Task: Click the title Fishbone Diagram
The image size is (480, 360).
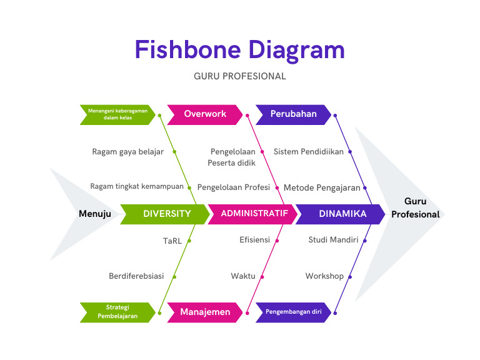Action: [x=239, y=50]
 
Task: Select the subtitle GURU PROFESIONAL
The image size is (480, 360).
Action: [x=239, y=76]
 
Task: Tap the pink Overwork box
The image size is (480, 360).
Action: [x=205, y=114]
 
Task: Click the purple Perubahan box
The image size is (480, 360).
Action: [x=293, y=114]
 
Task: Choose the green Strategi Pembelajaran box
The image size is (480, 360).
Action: [x=117, y=312]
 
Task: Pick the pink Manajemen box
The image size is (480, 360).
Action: [x=205, y=312]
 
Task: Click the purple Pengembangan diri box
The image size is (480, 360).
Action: [x=293, y=312]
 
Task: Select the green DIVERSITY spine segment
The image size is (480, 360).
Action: [x=166, y=214]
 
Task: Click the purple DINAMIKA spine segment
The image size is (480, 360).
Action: [x=342, y=214]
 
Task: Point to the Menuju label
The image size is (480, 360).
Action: [x=95, y=214]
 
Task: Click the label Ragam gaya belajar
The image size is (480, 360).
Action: [x=127, y=152]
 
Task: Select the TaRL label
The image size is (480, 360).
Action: [x=172, y=240]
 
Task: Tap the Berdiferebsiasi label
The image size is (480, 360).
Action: [x=136, y=276]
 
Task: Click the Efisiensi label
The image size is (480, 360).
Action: [x=254, y=240]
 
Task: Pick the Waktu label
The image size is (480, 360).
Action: [x=243, y=276]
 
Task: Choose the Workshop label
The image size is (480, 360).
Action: [x=324, y=276]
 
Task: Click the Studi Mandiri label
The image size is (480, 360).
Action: [x=333, y=240]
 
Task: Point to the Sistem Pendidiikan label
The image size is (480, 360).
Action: [x=309, y=152]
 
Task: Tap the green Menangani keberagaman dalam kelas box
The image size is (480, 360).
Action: [x=117, y=114]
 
